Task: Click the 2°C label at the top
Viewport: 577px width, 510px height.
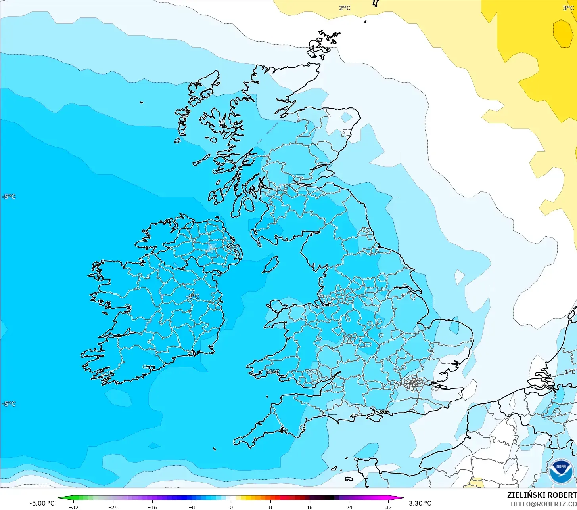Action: click(345, 8)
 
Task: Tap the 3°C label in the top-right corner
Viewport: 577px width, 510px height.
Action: click(568, 8)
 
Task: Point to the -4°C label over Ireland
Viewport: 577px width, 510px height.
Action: click(193, 296)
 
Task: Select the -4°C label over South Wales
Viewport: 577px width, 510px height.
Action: click(272, 372)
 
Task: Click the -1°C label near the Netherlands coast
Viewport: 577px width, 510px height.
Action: click(568, 372)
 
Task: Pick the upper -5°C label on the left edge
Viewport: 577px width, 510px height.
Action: click(9, 197)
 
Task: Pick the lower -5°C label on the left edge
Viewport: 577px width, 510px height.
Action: click(9, 404)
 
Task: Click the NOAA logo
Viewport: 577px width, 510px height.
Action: click(561, 472)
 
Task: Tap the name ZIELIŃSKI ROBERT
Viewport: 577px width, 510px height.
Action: click(542, 495)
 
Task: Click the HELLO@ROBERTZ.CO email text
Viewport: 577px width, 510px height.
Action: click(543, 504)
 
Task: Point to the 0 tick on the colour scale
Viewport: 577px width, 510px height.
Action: click(231, 507)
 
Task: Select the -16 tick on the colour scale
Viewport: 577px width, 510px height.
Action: click(152, 507)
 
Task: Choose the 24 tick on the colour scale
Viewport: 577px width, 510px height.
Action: click(349, 507)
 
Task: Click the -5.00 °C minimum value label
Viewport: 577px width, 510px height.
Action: click(42, 503)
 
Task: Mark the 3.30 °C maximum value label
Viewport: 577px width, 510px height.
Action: click(420, 503)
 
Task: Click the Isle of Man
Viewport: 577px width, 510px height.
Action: click(270, 264)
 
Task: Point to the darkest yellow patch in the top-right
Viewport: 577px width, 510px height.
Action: click(562, 33)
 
